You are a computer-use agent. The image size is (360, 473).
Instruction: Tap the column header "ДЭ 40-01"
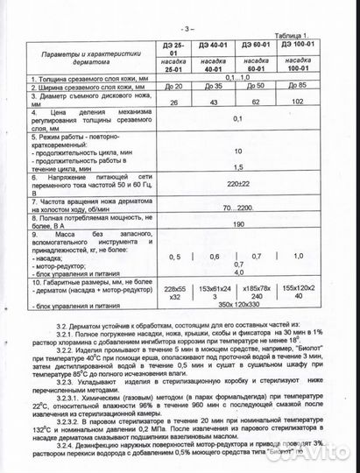[211, 44]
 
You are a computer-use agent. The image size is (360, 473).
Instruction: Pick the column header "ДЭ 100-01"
[299, 43]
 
